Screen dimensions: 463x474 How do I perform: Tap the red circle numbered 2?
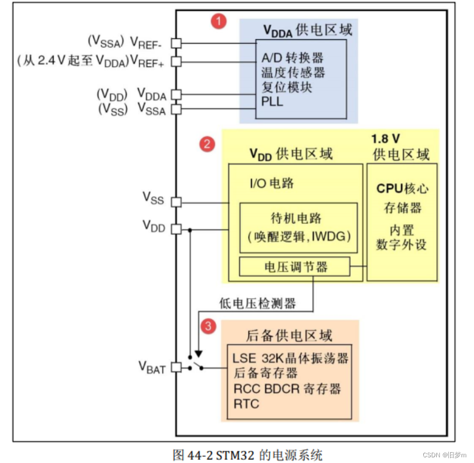point(207,145)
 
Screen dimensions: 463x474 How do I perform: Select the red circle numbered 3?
point(208,326)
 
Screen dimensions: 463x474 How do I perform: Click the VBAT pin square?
point(176,367)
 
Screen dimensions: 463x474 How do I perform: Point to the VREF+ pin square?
point(176,61)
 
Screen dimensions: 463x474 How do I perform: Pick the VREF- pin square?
point(176,43)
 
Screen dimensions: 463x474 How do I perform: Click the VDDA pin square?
point(176,95)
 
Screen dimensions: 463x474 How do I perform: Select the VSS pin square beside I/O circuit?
point(176,202)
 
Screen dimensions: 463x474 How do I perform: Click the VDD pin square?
point(176,229)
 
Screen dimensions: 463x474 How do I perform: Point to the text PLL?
point(272,101)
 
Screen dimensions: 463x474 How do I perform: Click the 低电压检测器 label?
point(258,303)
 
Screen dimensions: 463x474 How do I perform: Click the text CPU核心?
point(402,188)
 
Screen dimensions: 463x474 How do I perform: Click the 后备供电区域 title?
point(290,335)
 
